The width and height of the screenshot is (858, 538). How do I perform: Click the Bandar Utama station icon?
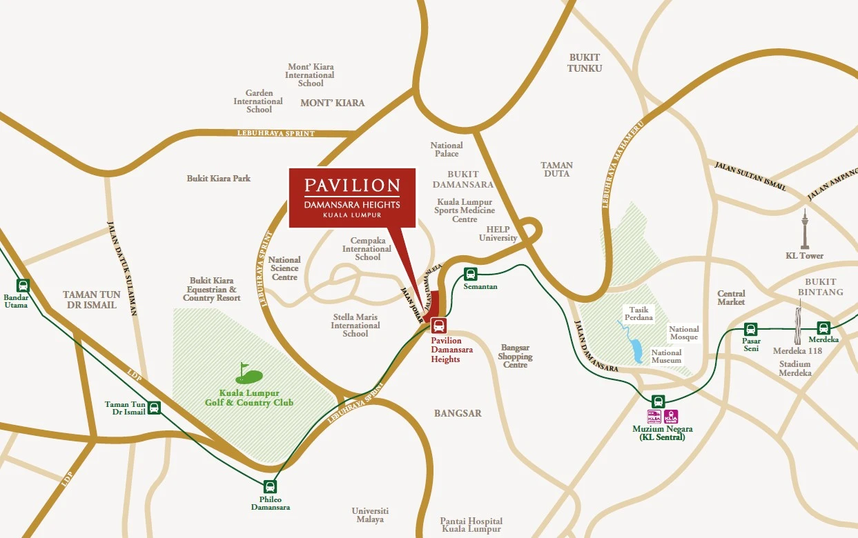point(23,285)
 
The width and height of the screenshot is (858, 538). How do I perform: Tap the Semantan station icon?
point(470,273)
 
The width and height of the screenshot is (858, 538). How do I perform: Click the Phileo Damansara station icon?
point(270,486)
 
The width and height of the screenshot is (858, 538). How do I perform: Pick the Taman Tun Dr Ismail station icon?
point(154,408)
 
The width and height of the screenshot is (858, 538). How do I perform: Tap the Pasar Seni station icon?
point(750,329)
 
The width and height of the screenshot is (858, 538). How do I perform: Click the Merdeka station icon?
point(824,328)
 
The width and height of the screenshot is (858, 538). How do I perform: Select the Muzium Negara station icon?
point(658,401)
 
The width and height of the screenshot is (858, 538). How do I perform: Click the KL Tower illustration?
point(804,228)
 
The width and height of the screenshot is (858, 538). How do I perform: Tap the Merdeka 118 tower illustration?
point(798,324)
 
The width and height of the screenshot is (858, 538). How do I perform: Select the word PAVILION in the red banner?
point(352,185)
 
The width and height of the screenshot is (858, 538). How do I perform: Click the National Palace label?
point(447,150)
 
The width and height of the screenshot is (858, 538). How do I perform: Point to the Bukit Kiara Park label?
point(218,178)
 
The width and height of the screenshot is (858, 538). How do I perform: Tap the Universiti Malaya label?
point(370,515)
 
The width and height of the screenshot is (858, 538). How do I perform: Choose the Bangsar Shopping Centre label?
point(515,357)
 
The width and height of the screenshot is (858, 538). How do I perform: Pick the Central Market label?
point(731,298)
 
